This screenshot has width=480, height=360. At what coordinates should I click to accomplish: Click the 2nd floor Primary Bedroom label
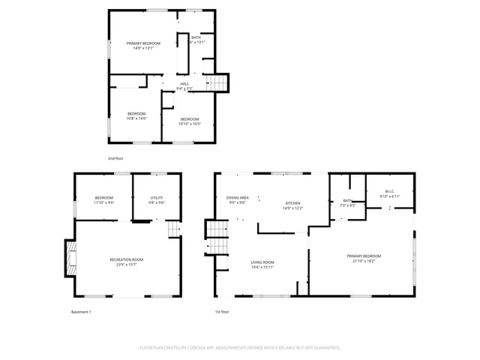pyautogui.click(x=143, y=46)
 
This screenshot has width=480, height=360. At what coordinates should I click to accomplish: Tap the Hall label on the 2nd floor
pyautogui.click(x=184, y=86)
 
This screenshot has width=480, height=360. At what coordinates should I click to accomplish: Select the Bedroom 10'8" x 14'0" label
pyautogui.click(x=136, y=115)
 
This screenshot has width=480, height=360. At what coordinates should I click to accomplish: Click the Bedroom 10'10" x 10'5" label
pyautogui.click(x=190, y=121)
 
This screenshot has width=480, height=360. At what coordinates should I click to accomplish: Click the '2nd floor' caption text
pyautogui.click(x=115, y=159)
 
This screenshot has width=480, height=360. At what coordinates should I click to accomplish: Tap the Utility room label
pyautogui.click(x=157, y=199)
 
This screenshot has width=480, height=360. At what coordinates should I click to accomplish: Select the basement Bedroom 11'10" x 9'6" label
pyautogui.click(x=103, y=199)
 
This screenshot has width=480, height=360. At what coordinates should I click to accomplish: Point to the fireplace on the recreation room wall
pyautogui.click(x=70, y=259)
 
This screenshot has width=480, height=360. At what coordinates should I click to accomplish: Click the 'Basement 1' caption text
pyautogui.click(x=81, y=311)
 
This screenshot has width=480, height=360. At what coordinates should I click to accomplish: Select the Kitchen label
pyautogui.click(x=292, y=205)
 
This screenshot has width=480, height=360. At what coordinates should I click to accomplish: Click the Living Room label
pyautogui.click(x=262, y=264)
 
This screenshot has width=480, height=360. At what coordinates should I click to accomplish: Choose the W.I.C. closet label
pyautogui.click(x=390, y=193)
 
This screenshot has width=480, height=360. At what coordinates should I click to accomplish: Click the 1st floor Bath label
pyautogui.click(x=348, y=202)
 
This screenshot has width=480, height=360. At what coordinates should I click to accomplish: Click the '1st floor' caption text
pyautogui.click(x=222, y=311)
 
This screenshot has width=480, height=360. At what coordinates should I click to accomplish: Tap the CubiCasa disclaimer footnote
pyautogui.click(x=240, y=348)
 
